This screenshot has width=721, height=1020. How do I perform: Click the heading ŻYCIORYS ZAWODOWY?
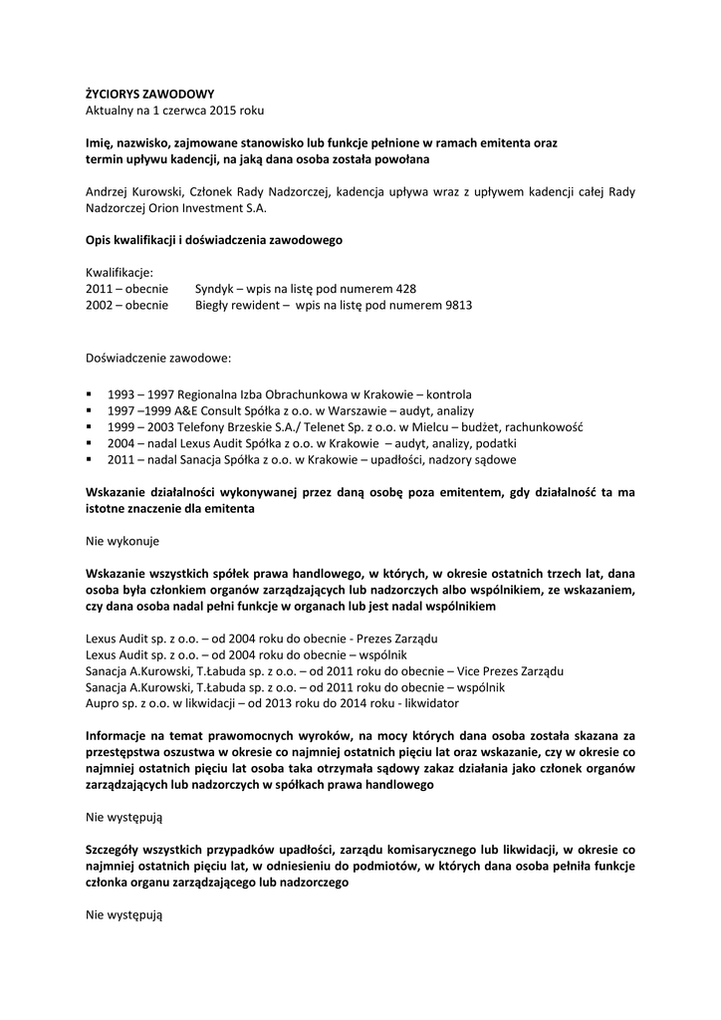[149, 93]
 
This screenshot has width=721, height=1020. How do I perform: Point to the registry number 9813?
[455, 305]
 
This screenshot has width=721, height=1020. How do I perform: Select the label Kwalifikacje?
[119, 272]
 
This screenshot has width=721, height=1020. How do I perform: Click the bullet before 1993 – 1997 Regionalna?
[90, 393]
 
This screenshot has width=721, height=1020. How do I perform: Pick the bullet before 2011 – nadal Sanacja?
[90, 459]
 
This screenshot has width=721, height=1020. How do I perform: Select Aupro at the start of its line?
[103, 703]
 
